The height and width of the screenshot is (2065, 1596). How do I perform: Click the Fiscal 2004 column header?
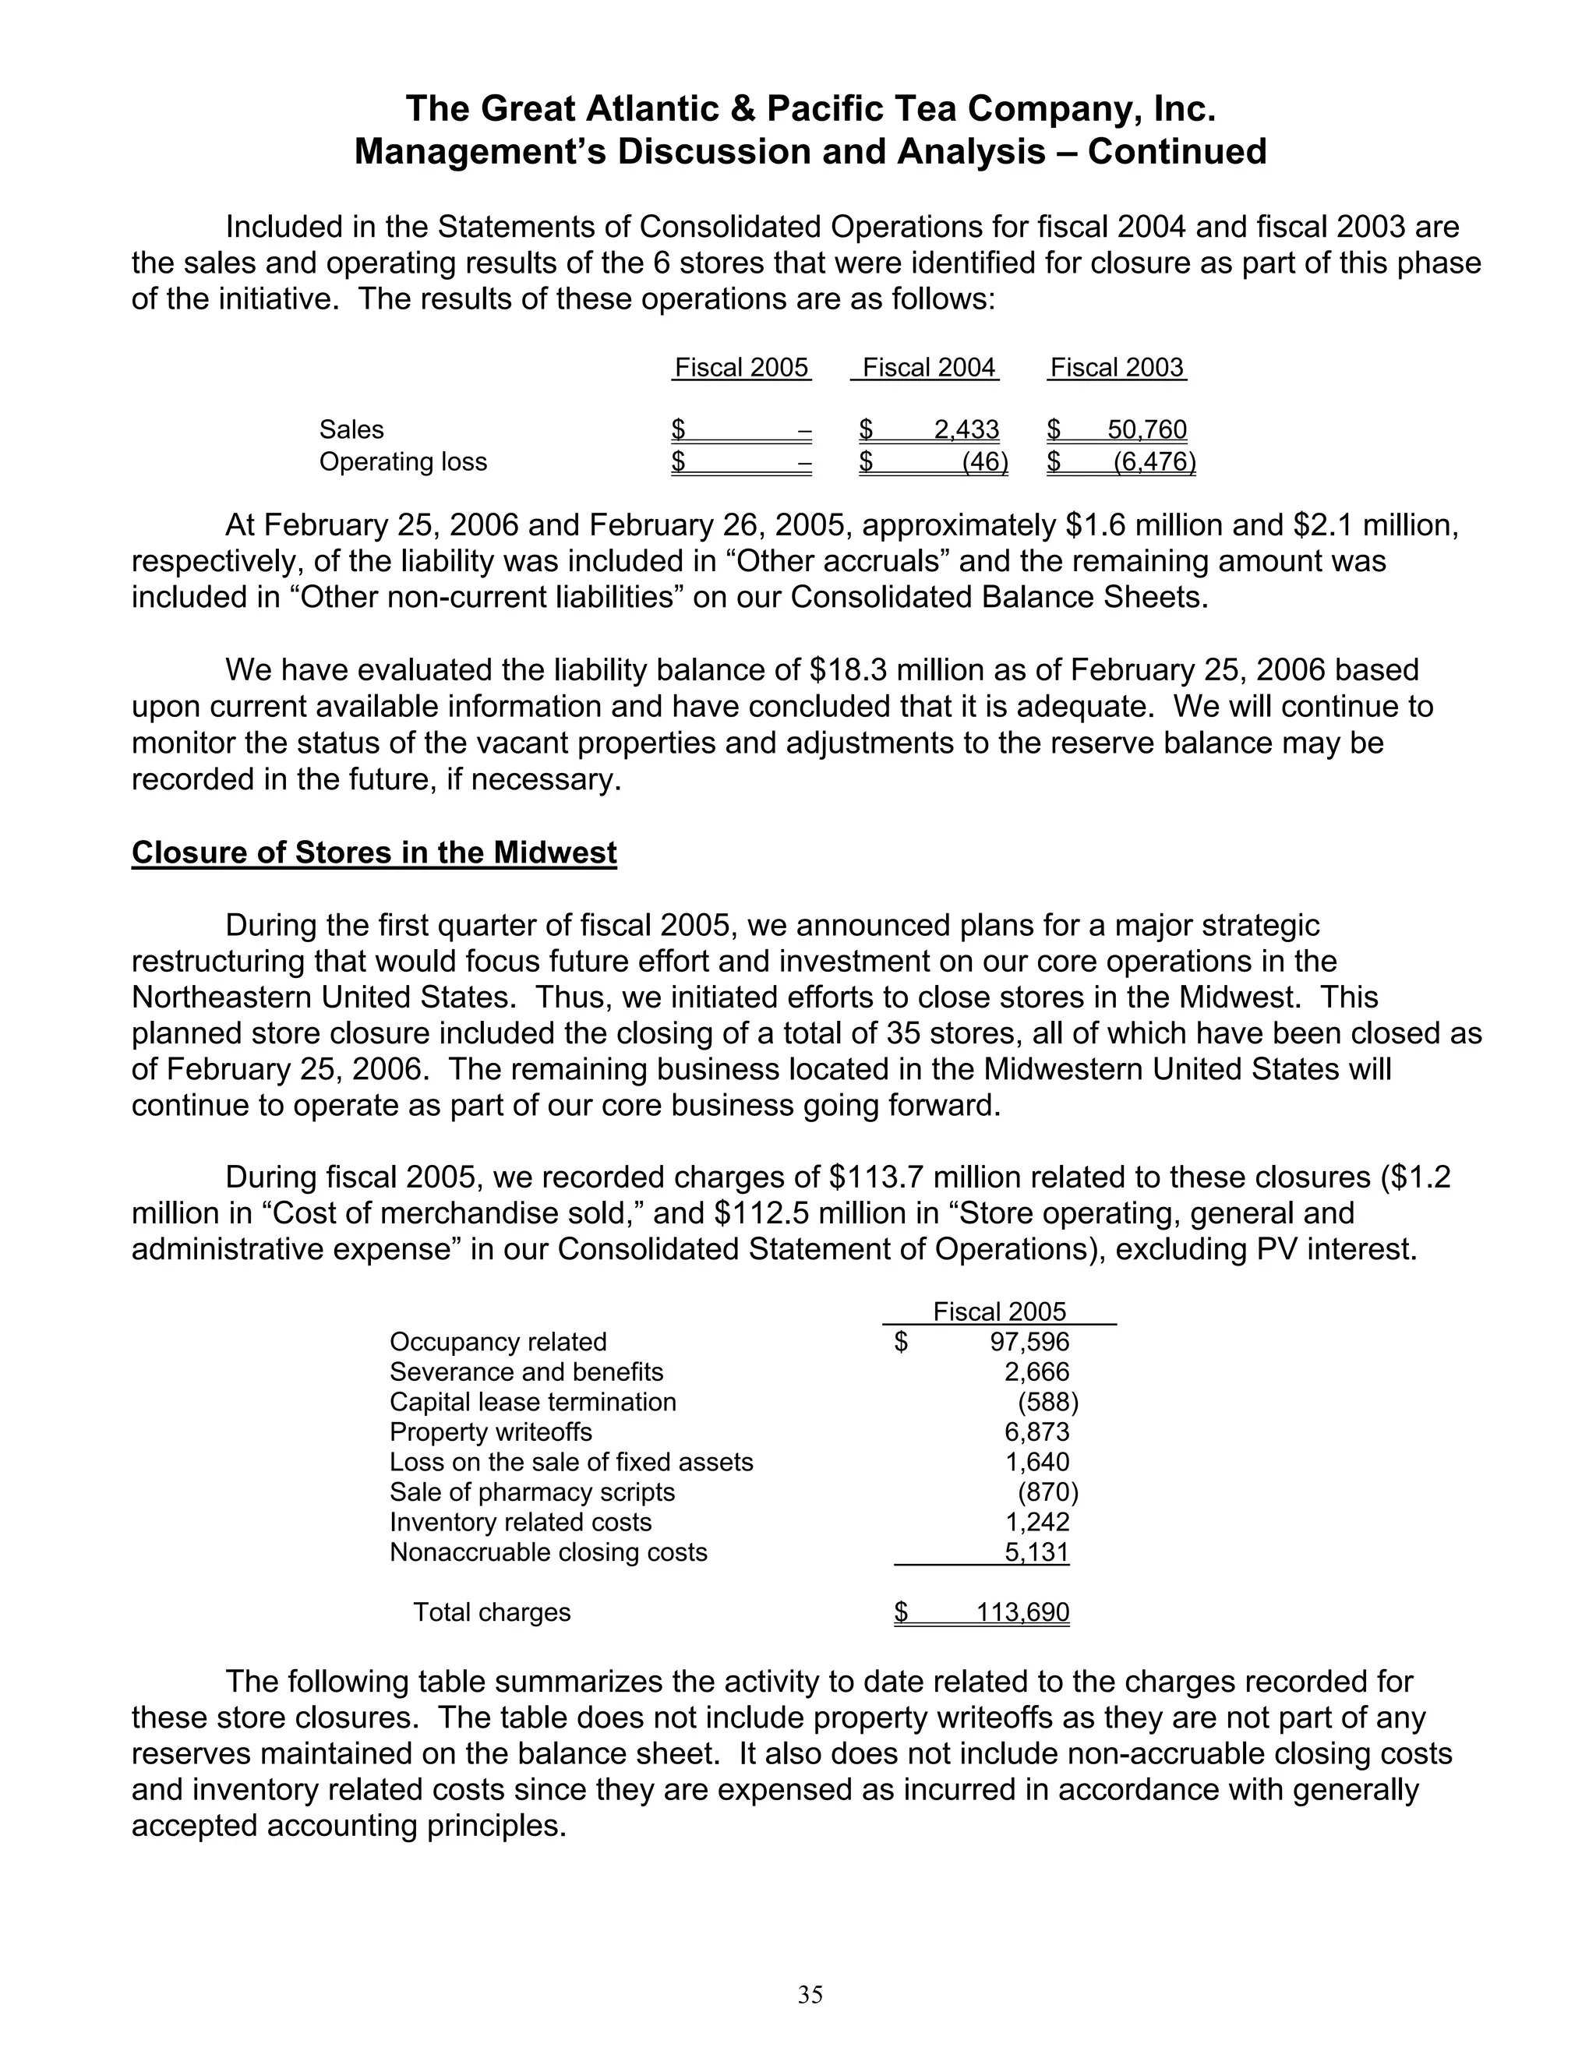[x=928, y=367]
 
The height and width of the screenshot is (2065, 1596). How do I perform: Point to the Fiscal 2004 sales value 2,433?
[x=966, y=429]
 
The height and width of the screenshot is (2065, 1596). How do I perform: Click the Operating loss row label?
[x=403, y=461]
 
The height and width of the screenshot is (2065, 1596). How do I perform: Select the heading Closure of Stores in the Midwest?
[x=373, y=852]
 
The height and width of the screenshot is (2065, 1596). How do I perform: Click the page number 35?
[x=810, y=1994]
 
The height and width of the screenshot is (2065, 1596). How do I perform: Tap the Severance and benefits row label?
[x=526, y=1372]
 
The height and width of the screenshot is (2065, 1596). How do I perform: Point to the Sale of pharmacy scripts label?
[x=531, y=1492]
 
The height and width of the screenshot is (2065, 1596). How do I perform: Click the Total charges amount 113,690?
[x=1022, y=1612]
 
